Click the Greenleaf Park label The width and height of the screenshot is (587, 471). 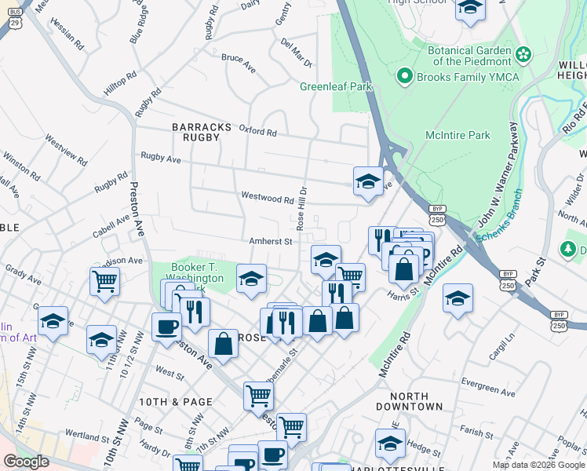pos(336,87)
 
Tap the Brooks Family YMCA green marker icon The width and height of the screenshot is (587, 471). pos(405,77)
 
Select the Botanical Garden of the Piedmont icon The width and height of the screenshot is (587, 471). pos(524,54)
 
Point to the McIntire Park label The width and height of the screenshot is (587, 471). pos(458,135)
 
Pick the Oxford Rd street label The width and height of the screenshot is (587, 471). pos(258,131)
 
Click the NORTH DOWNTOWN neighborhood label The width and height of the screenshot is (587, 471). pos(409,400)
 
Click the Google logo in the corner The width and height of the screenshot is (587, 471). pos(26,462)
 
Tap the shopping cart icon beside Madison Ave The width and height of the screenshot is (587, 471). pos(104,279)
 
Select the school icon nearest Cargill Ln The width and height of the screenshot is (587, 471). pos(458,298)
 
